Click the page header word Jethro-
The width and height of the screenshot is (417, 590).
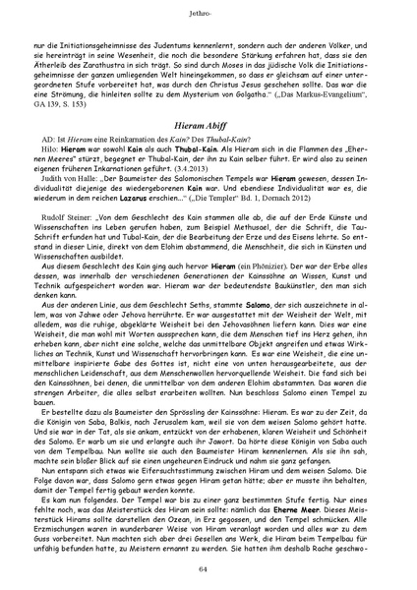(208, 13)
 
